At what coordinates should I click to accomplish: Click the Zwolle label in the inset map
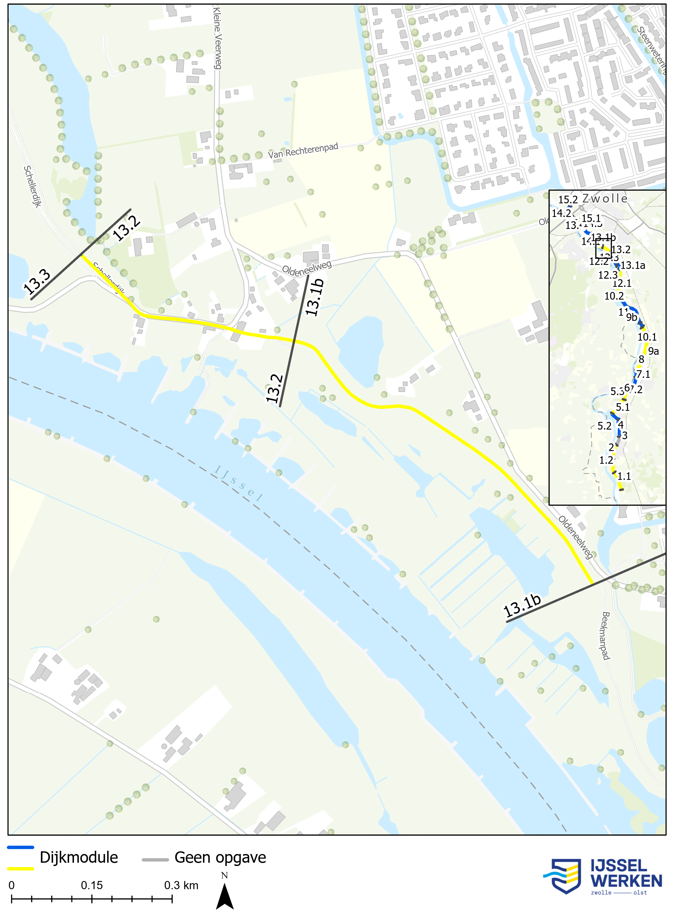pyautogui.click(x=605, y=199)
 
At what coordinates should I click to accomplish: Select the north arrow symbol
pyautogui.click(x=224, y=896)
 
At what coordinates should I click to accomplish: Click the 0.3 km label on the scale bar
pyautogui.click(x=181, y=885)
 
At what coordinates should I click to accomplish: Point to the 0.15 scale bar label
pyautogui.click(x=92, y=885)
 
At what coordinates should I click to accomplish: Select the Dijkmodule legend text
pyautogui.click(x=79, y=858)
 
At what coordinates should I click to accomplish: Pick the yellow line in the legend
pyautogui.click(x=20, y=868)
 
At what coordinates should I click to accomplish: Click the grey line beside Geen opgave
pyautogui.click(x=155, y=859)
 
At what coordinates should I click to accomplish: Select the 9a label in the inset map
pyautogui.click(x=653, y=351)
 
